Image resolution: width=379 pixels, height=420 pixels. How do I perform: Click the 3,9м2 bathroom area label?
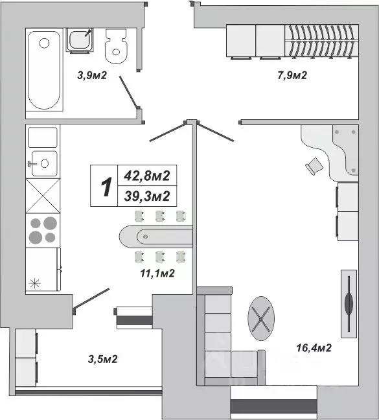tap(92, 76)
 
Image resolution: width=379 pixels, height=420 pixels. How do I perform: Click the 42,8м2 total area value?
tap(147, 175)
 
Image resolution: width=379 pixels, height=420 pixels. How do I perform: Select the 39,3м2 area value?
tap(147, 196)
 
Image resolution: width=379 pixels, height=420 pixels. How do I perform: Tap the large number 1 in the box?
tap(104, 186)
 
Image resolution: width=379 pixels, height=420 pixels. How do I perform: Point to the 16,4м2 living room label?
tap(314, 347)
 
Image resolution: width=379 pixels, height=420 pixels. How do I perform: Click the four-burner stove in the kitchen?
tap(43, 230)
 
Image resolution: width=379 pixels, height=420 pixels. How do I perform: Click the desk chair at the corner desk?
tap(314, 166)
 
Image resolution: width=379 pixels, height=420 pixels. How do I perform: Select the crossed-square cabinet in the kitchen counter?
tap(43, 195)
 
